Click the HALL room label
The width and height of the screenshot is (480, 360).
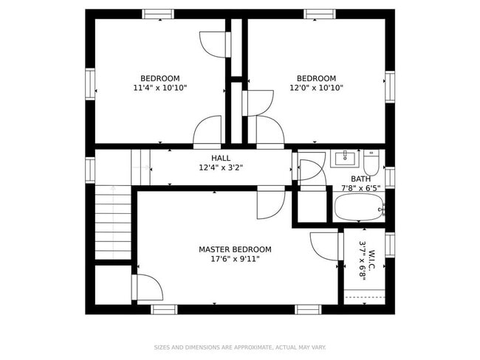coord(220,158)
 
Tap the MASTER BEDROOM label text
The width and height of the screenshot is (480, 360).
coord(235,249)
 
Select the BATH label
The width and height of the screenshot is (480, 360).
coord(360,179)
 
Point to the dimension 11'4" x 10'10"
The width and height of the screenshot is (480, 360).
coord(160,88)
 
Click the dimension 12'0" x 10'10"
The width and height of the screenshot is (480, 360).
coord(316,88)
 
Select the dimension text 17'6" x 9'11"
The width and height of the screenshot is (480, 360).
coord(235,259)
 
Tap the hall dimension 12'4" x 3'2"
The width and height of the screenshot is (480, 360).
coord(220,167)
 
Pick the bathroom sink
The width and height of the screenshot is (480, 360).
coord(345,157)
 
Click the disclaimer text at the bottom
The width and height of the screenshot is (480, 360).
coord(239,347)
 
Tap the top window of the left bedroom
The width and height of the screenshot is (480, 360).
coord(159,13)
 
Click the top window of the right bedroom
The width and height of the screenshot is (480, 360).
coord(320,13)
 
